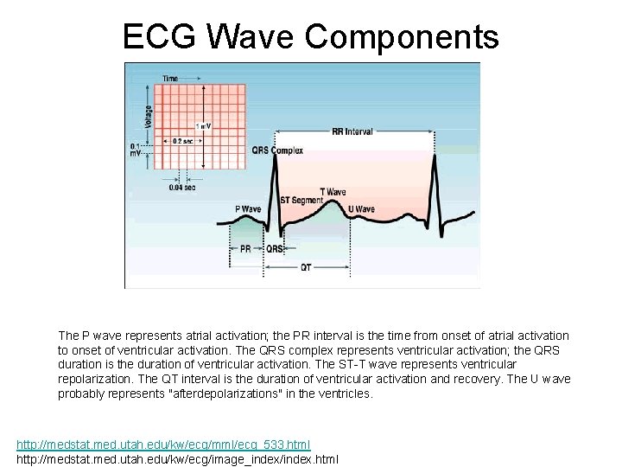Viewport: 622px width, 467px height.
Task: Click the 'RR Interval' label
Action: click(352, 132)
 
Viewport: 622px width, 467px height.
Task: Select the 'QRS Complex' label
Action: click(277, 150)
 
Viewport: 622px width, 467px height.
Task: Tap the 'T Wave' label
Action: click(333, 192)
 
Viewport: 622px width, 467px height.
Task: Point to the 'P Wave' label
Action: click(248, 209)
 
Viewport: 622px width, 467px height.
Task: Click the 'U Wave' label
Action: click(361, 209)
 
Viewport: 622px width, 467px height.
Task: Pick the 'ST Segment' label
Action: click(301, 201)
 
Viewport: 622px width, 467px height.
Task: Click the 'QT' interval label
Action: click(306, 267)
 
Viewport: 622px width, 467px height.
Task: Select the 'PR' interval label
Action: click(245, 248)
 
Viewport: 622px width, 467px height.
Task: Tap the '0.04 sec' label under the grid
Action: click(181, 187)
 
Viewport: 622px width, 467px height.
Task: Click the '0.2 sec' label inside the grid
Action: click(183, 140)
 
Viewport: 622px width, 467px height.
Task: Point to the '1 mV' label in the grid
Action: click(204, 126)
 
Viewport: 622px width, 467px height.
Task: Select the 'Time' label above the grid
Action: click(170, 79)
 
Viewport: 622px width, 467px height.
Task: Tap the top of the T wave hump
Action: click(330, 202)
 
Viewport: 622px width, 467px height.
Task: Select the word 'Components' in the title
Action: click(402, 36)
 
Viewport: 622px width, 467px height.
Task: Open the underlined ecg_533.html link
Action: click(163, 445)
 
